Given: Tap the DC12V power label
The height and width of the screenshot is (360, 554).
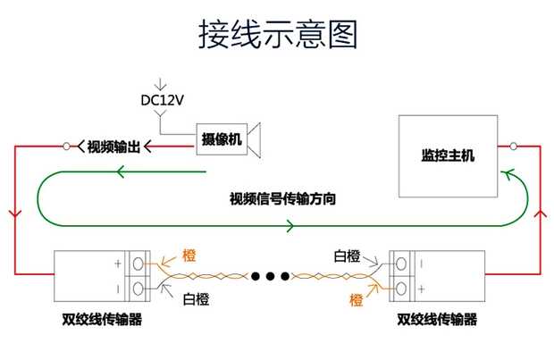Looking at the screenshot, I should [x=162, y=100].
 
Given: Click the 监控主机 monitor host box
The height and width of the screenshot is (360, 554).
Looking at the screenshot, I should [x=448, y=155].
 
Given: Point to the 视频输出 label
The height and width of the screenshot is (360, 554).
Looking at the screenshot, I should [x=113, y=146].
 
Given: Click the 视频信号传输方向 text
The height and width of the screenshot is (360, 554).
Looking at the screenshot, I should [x=282, y=197].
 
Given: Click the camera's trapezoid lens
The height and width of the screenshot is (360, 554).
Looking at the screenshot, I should [x=256, y=138].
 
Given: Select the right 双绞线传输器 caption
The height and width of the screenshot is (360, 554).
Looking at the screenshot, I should [x=436, y=319].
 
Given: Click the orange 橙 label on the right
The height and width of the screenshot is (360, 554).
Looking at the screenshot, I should [x=357, y=298].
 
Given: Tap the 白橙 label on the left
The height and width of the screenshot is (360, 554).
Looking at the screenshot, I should [x=195, y=298].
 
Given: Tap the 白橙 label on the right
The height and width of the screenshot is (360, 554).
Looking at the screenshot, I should [x=347, y=256].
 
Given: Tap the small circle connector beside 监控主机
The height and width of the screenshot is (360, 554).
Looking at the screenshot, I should [x=514, y=146].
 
